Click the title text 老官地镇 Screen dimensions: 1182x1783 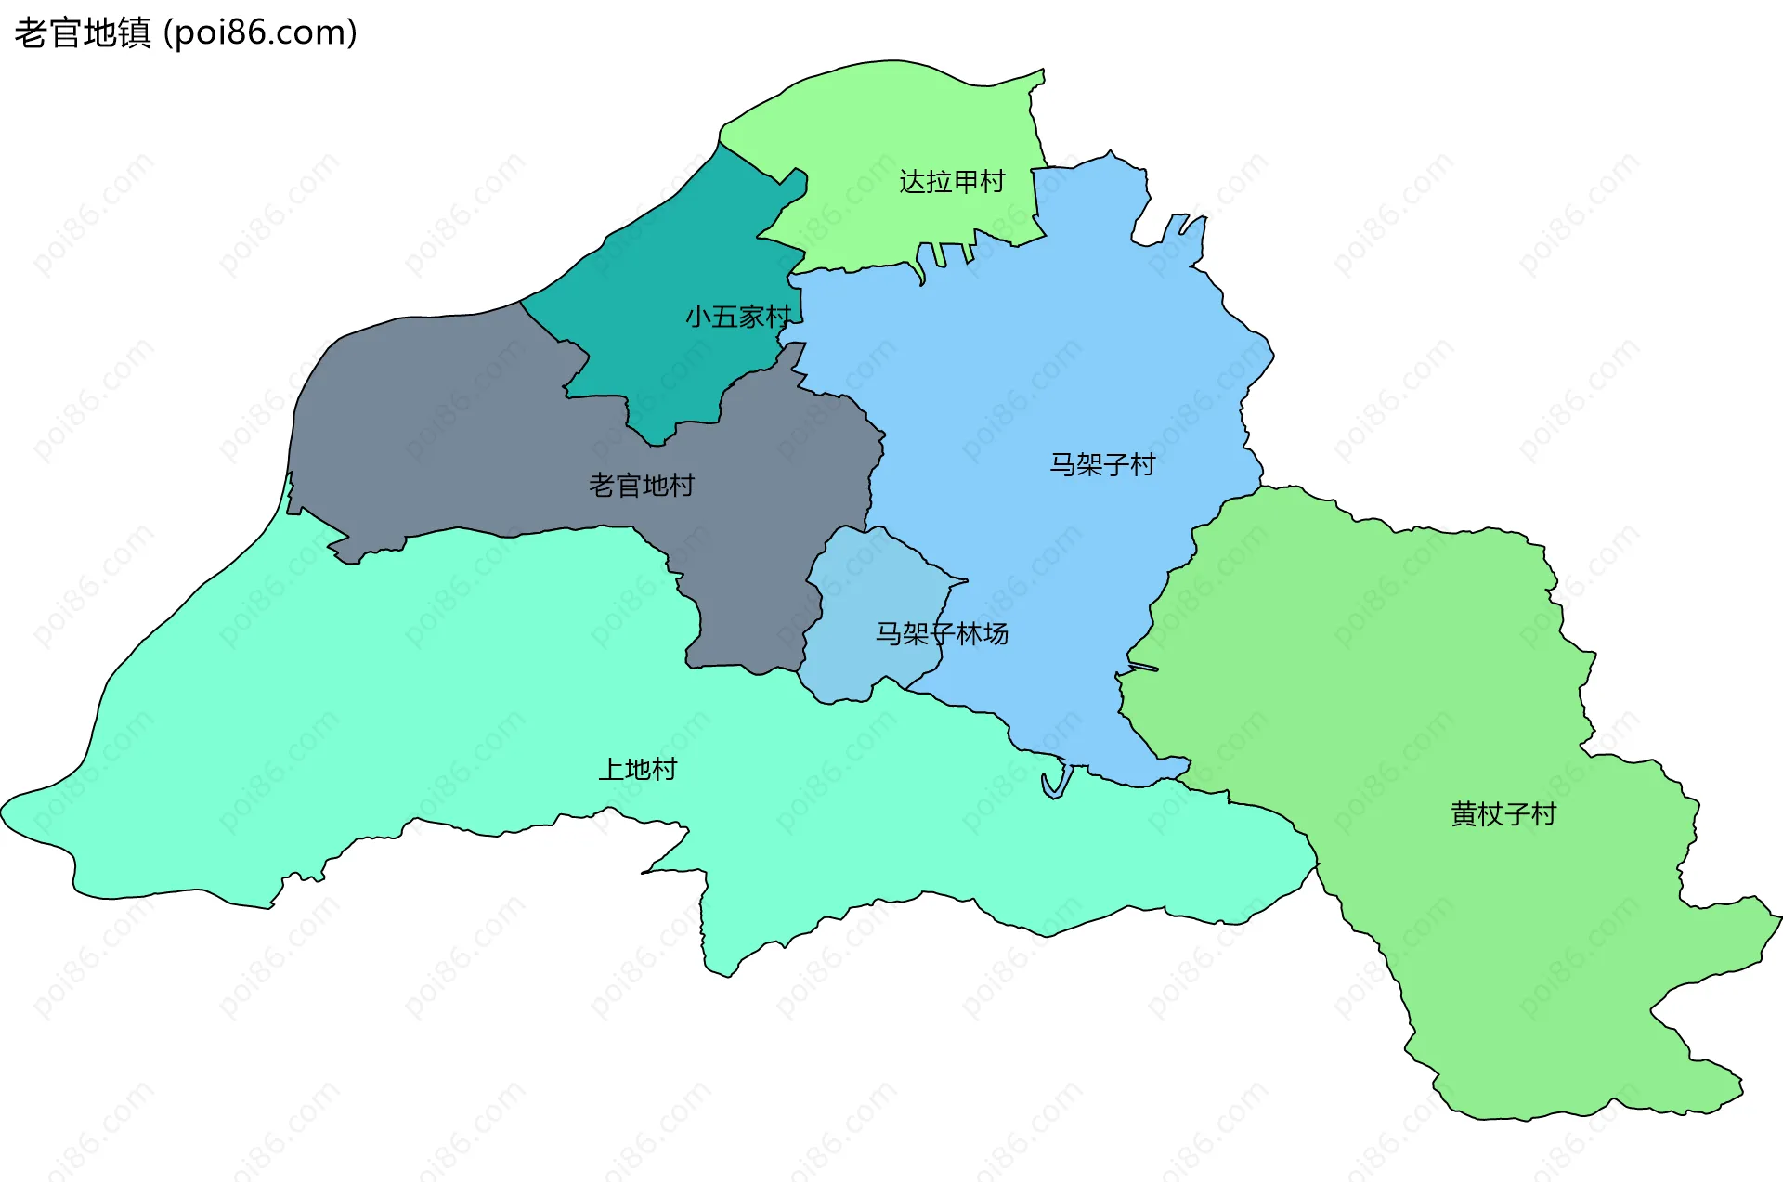coord(82,33)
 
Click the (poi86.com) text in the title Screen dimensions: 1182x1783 coord(261,33)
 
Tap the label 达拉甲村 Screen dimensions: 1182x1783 coord(952,182)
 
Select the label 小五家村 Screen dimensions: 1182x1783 coord(738,317)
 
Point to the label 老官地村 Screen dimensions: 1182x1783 coord(642,485)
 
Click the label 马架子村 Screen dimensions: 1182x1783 coord(1102,464)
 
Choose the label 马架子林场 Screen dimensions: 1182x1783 coord(942,633)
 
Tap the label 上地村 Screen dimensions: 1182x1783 coord(638,769)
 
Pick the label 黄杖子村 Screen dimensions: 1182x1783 coord(1503,814)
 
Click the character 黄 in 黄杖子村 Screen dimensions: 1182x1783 coord(1464,814)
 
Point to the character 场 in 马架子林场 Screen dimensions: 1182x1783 coord(996,633)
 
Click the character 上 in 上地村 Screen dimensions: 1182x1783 coord(611,769)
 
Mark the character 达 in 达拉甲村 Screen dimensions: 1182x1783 coord(913,182)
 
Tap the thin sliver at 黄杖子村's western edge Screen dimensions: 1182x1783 coord(1143,667)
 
